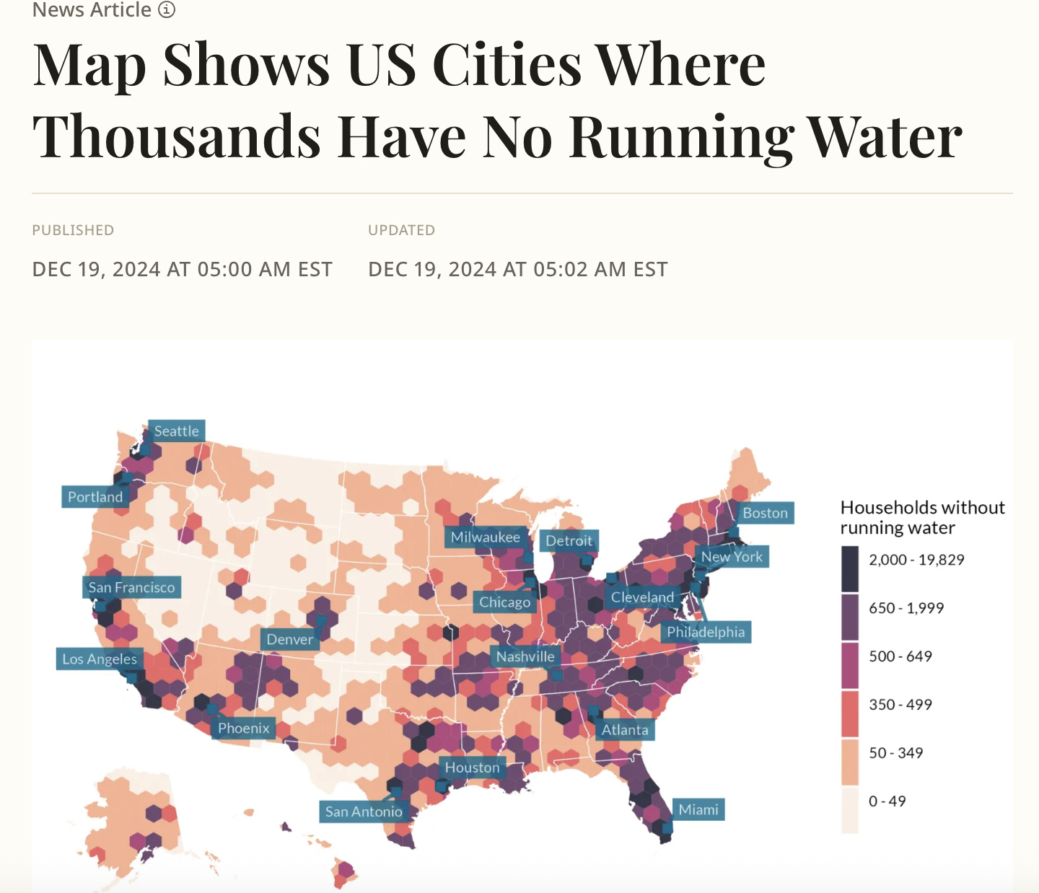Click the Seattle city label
177,431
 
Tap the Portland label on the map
95,497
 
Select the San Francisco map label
131,587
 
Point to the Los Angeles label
100,659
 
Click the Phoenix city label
244,729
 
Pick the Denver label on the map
290,639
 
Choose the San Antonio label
364,811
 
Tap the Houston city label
472,767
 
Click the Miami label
698,809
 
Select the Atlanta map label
625,730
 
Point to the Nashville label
525,656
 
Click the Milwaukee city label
486,537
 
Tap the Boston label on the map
766,513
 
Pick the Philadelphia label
706,632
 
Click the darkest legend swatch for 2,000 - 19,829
850,568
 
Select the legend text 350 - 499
900,705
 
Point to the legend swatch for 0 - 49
850,810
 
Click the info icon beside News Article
167,9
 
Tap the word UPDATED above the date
401,230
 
